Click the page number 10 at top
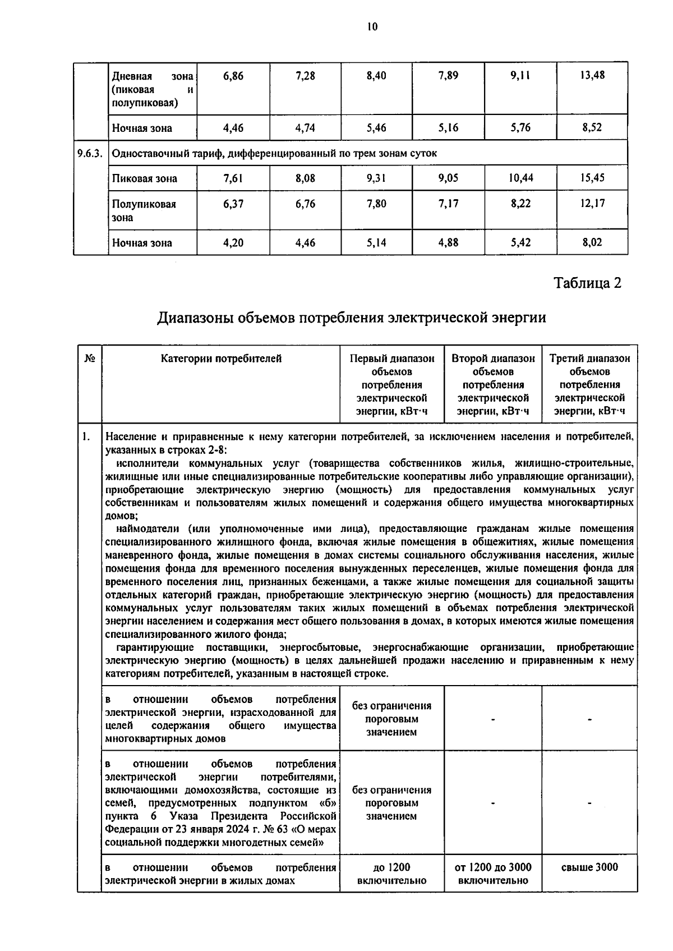(372, 26)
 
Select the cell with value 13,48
(592, 75)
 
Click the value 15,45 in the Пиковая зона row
(592, 178)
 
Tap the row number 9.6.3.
(90, 153)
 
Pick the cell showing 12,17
(592, 204)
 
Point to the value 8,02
(592, 243)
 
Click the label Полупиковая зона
(144, 210)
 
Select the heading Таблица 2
(588, 283)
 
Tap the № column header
(89, 359)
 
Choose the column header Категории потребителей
(221, 359)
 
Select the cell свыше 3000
(589, 867)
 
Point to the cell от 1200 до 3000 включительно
(492, 874)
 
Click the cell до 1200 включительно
(391, 874)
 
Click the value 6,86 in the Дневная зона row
(233, 75)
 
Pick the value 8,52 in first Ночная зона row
(592, 127)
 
